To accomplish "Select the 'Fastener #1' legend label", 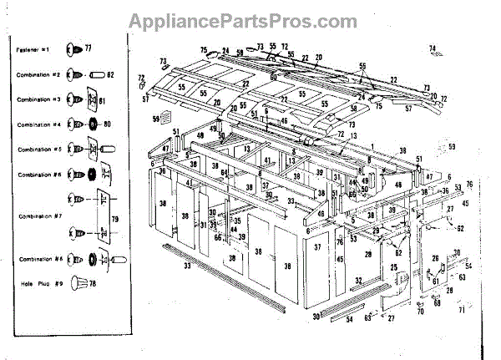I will [x=33, y=51].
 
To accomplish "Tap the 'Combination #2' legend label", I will [x=38, y=75].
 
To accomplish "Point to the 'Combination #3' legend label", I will [x=38, y=99].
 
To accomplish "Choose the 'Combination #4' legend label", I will [x=38, y=124].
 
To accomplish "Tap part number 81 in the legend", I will [x=104, y=101].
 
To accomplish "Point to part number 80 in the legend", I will [x=107, y=125].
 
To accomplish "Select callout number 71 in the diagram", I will [x=461, y=310].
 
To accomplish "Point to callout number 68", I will [x=437, y=303].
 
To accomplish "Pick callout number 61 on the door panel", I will [x=436, y=282].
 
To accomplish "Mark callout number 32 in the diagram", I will [x=359, y=281].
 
